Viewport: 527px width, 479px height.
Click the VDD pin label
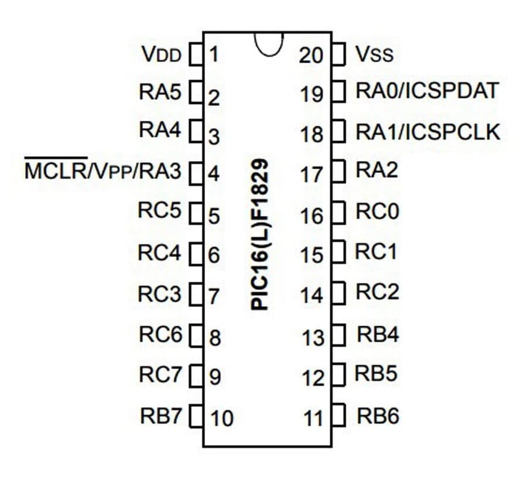tap(162, 54)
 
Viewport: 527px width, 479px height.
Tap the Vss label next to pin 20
tap(374, 54)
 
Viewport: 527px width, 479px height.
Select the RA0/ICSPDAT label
tap(427, 91)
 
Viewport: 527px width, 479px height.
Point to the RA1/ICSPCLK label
tap(428, 132)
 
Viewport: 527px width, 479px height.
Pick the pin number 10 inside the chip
tap(222, 419)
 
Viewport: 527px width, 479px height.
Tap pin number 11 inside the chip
tap(313, 419)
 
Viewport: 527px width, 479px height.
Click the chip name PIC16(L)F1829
tap(259, 235)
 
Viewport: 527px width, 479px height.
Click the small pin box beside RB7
tap(196, 417)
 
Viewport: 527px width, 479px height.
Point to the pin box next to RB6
tap(338, 415)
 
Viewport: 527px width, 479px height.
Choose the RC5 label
tap(160, 210)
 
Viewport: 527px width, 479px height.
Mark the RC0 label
tap(378, 211)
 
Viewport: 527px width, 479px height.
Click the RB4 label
tap(378, 334)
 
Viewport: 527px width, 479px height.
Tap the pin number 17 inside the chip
tap(312, 175)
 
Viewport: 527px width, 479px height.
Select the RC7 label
tap(160, 374)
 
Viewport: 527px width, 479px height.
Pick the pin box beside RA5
tap(196, 91)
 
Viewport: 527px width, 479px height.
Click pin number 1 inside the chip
tap(214, 54)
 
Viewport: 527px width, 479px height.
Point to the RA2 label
tap(377, 170)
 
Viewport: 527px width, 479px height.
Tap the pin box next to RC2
tap(338, 293)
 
